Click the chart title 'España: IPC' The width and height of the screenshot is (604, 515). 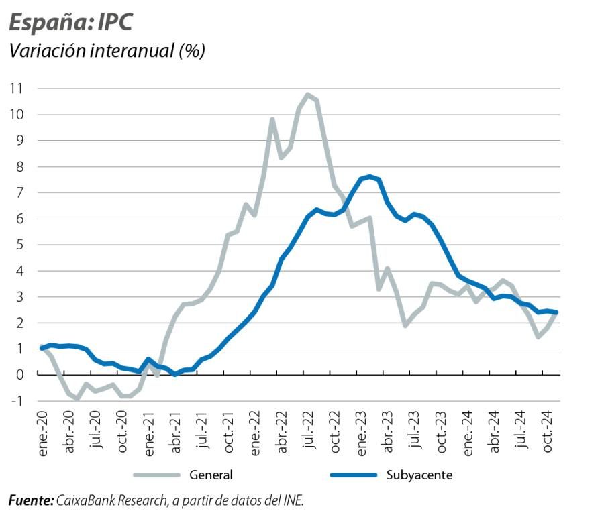(x=70, y=22)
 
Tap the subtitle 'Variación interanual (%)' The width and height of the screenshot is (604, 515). (x=106, y=51)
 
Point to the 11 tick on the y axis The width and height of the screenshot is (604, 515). (x=16, y=89)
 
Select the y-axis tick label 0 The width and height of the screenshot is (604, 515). (x=21, y=375)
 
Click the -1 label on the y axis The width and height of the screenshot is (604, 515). (x=18, y=401)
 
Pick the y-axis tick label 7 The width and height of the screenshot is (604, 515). (x=21, y=192)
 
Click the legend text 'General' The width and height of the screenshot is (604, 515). (x=211, y=475)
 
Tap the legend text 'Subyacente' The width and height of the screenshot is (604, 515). (x=419, y=475)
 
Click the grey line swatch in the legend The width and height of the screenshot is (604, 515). (x=157, y=475)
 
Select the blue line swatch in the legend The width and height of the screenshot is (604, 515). (x=354, y=475)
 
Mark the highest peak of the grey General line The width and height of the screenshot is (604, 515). (x=308, y=95)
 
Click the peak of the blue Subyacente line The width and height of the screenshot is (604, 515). (x=370, y=177)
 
